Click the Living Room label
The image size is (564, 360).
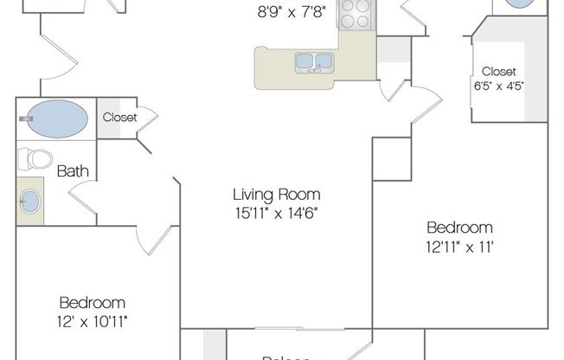click(277, 194)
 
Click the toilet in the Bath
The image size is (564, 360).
click(37, 159)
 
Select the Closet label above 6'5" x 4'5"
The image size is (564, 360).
click(498, 71)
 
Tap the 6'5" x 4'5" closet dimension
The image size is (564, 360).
click(498, 85)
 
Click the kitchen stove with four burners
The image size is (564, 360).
click(355, 15)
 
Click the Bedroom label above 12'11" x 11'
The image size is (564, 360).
click(459, 228)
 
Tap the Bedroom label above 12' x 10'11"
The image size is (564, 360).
click(92, 303)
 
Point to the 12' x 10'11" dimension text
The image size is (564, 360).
click(92, 319)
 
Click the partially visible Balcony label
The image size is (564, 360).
click(285, 356)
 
